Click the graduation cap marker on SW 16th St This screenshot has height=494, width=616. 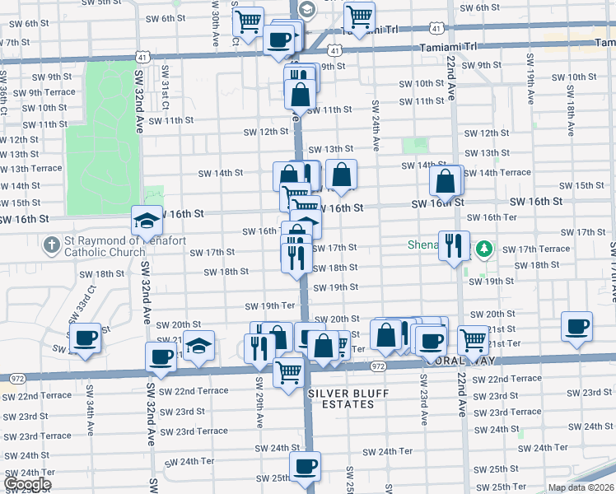click(147, 221)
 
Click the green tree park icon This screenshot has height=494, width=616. click(484, 247)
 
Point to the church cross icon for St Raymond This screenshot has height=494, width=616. click(51, 245)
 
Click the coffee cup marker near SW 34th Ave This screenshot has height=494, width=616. click(85, 338)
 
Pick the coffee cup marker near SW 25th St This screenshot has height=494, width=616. click(306, 466)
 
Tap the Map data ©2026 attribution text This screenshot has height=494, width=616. click(581, 487)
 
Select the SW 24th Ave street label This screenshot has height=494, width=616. click(375, 125)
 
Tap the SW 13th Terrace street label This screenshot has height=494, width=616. click(31, 168)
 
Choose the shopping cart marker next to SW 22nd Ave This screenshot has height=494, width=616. click(473, 339)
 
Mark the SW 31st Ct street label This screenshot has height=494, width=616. click(165, 88)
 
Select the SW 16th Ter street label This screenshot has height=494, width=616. click(492, 217)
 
